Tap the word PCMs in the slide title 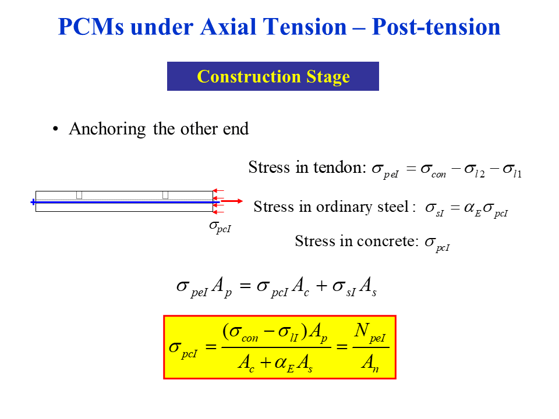pos(90,27)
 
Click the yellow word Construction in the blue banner pos(240,77)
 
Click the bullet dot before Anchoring pos(56,129)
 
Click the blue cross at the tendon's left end pos(33,202)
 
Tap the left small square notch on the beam pos(79,195)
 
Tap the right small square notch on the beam pos(165,195)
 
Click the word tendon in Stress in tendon pos(339,168)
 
